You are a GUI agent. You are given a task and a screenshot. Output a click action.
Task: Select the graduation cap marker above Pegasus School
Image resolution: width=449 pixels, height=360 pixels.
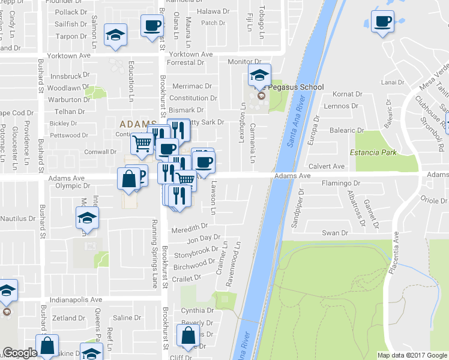coord(259,76)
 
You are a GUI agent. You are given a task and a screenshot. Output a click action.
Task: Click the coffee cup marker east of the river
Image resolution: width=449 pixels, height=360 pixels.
coord(382,22)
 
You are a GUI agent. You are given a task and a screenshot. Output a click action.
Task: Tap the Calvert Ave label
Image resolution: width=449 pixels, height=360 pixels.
coord(327,166)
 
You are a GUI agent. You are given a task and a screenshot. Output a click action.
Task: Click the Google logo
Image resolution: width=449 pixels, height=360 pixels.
coord(20,353)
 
